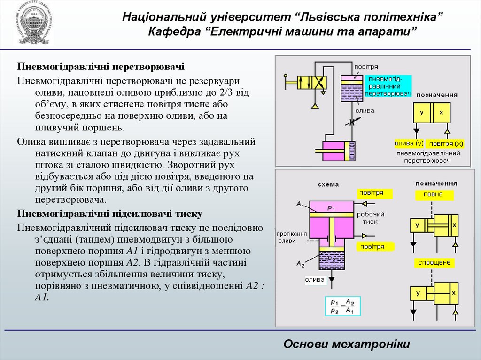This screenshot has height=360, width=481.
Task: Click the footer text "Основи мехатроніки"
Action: (x=347, y=344)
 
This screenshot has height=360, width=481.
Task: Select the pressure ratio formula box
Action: (x=341, y=306)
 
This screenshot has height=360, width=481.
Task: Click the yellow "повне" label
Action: (x=433, y=195)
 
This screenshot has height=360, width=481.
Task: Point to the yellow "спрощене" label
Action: (x=435, y=263)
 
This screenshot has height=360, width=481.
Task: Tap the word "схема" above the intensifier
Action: (x=328, y=184)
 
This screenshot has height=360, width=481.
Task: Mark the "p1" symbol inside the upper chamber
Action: (x=331, y=207)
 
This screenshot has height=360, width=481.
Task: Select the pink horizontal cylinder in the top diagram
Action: (x=335, y=151)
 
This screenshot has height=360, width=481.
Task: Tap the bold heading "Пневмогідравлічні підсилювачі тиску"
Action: (x=109, y=214)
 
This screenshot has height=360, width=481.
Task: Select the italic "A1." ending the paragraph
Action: (x=41, y=298)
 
